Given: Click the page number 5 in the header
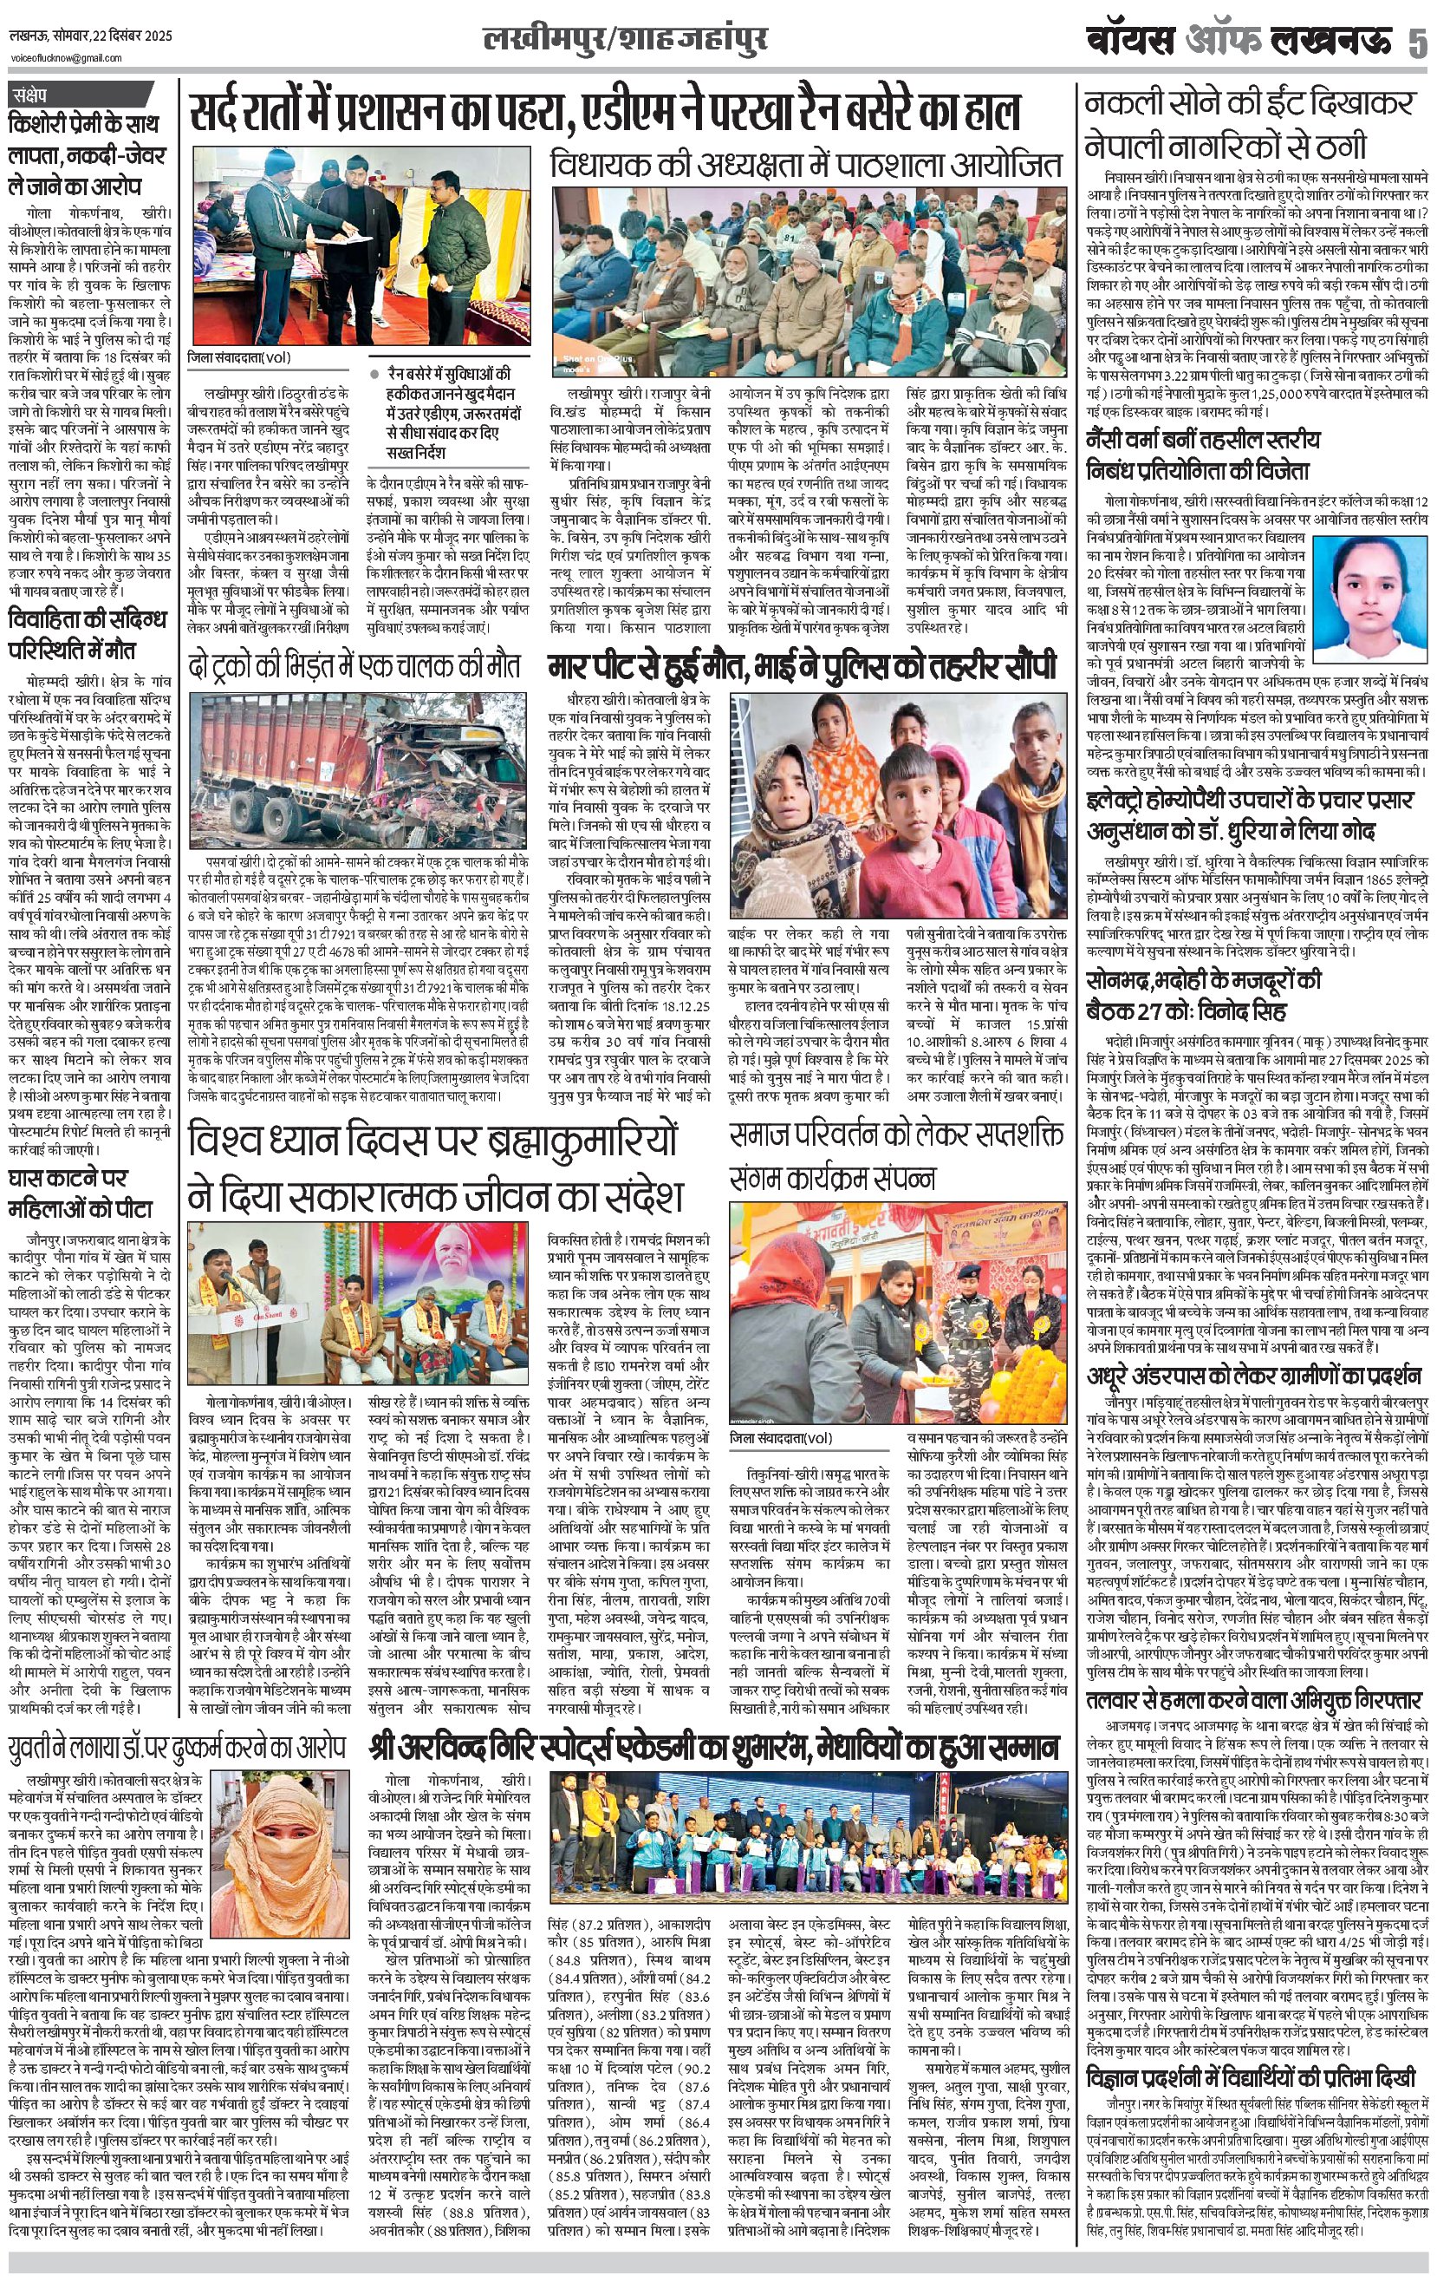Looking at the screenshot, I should point(1415,43).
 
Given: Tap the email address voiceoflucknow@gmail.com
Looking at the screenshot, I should point(53,59).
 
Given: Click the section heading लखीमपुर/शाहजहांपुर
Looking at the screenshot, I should point(624,40).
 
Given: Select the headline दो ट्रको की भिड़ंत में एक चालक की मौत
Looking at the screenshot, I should point(354,665).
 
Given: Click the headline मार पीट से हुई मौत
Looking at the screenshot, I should point(803,666).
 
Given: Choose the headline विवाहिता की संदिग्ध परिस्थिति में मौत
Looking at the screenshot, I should point(88,635).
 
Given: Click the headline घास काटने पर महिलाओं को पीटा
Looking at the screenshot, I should point(80,1194).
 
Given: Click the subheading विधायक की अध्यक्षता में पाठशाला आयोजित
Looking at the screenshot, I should point(805,165).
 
